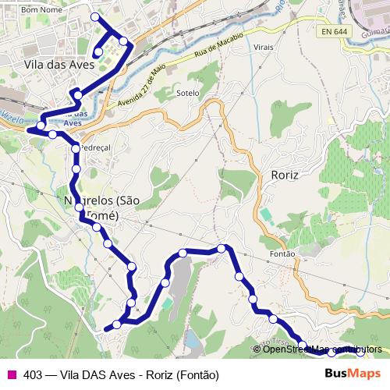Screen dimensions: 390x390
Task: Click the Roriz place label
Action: coord(285,175)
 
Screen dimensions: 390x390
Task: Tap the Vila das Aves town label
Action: coord(59,65)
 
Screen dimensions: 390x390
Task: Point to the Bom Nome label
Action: coord(41,10)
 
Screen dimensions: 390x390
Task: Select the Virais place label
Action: coord(264,48)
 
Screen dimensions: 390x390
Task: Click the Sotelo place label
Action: coord(189,93)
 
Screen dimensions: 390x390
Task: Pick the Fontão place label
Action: coord(282,253)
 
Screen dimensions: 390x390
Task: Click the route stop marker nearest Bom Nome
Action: coord(95,16)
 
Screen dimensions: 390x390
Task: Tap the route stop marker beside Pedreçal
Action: coord(76,148)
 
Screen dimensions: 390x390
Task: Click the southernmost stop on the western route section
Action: coord(117,324)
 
